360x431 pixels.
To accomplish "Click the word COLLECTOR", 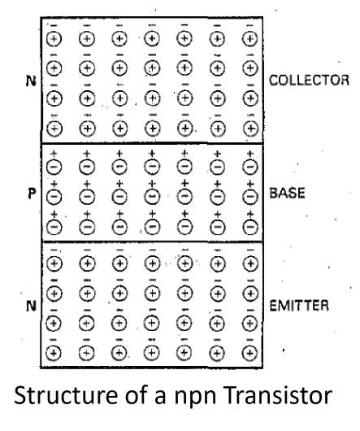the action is pyautogui.click(x=309, y=81).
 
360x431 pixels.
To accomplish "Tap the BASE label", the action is pyautogui.click(x=287, y=193).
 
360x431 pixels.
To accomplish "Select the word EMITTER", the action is pyautogui.click(x=299, y=306).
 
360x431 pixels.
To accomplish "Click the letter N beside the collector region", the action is pyautogui.click(x=31, y=81).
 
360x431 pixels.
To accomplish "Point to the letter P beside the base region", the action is pyautogui.click(x=32, y=194).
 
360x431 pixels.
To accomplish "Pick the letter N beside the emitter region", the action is pyautogui.click(x=31, y=306).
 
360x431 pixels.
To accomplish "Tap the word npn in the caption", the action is pyautogui.click(x=195, y=398).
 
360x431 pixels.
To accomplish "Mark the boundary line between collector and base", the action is pyautogui.click(x=152, y=143).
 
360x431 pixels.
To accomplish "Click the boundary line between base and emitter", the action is pyautogui.click(x=152, y=242).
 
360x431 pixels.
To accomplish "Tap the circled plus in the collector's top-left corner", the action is pyautogui.click(x=54, y=38).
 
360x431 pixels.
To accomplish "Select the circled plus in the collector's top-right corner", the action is pyautogui.click(x=249, y=38).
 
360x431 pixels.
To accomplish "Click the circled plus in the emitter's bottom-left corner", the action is pyautogui.click(x=54, y=353).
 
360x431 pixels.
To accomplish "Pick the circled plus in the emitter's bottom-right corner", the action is pyautogui.click(x=249, y=353).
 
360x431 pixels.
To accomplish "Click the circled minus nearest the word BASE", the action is pyautogui.click(x=250, y=197).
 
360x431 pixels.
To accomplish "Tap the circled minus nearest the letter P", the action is pyautogui.click(x=54, y=197).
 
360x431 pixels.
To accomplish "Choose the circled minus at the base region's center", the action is pyautogui.click(x=152, y=197).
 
